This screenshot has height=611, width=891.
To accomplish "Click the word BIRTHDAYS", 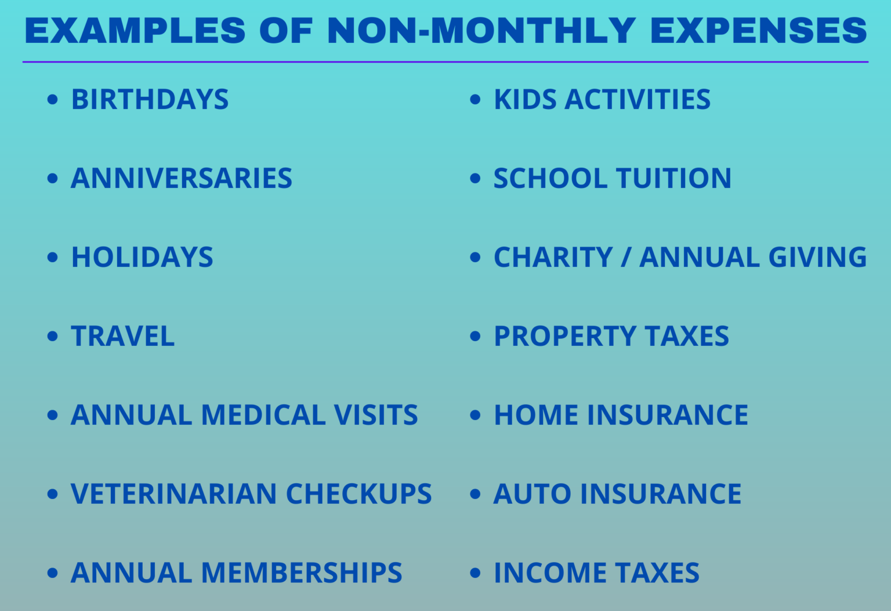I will click(150, 100).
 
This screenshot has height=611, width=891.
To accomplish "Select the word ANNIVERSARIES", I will click(181, 179).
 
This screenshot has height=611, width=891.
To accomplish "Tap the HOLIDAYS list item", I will click(142, 258).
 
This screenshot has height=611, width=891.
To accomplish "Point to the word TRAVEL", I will click(122, 337).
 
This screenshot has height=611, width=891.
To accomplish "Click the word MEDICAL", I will click(263, 415).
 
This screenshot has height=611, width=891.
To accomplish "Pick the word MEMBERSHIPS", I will click(302, 573).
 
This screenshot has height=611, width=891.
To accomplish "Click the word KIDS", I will click(525, 100).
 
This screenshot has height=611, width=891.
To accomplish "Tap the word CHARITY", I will click(553, 258).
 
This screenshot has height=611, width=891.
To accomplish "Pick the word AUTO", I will click(532, 494).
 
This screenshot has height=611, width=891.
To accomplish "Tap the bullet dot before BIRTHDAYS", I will click(53, 100).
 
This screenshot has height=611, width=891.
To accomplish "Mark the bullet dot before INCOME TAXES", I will click(475, 573).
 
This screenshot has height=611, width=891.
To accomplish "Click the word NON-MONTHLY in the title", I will click(481, 31).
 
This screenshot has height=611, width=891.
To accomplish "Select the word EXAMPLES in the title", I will click(135, 31).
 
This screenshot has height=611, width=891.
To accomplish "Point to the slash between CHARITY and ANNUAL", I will click(625, 258).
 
